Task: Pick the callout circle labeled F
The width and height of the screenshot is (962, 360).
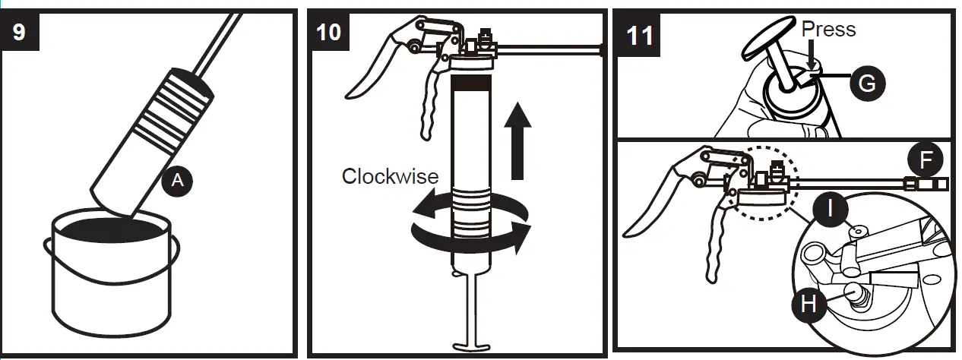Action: [925, 159]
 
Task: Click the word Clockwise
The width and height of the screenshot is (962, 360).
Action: [390, 176]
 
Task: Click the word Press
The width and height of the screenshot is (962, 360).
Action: [829, 30]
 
